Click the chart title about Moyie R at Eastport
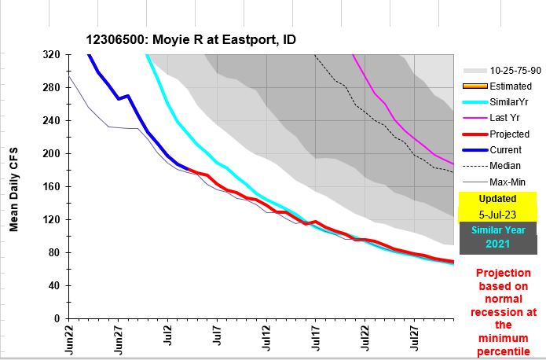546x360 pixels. (191, 39)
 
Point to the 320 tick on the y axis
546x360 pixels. (51, 55)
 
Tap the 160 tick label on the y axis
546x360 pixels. (51, 187)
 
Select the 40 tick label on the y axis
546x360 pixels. (53, 286)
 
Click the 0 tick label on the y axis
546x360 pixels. (57, 319)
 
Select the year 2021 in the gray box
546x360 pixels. (498, 244)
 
